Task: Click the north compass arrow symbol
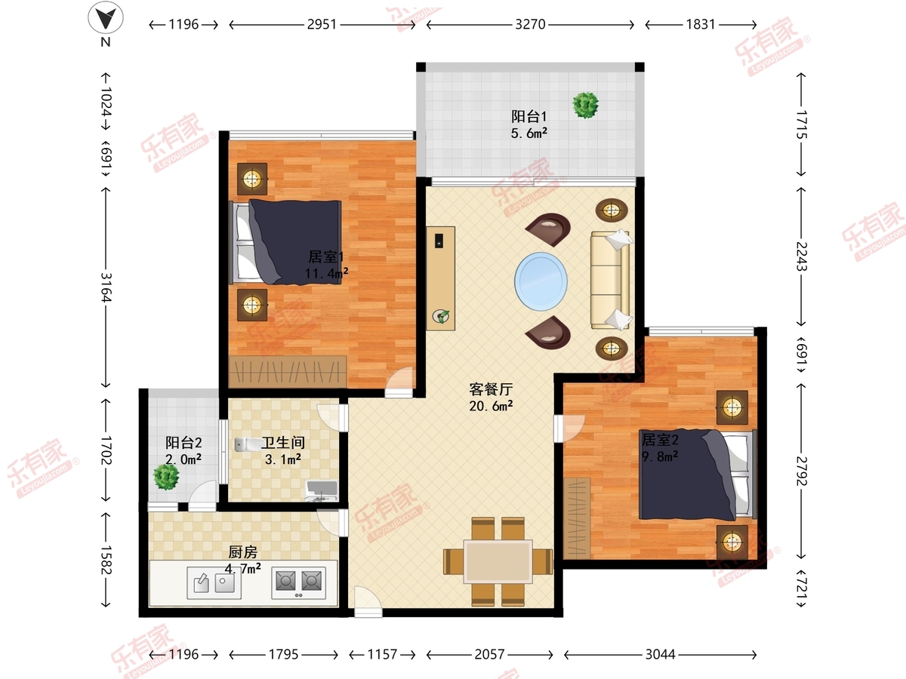coord(105,17)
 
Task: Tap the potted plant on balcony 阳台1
coord(585,105)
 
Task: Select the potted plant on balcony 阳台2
coord(166,477)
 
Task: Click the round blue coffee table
coord(541,281)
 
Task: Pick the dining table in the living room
coord(498,561)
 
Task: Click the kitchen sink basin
coord(214,582)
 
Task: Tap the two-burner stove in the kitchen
coord(298,582)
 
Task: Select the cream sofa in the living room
coord(611,281)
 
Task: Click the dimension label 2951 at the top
coord(322,25)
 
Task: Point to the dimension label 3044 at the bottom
coord(661,654)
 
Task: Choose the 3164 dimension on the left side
coord(106,287)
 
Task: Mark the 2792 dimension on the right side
coord(801,471)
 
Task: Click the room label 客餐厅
coord(492,389)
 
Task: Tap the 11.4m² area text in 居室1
coord(326,273)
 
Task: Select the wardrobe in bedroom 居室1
coord(288,372)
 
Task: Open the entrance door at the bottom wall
coord(368,602)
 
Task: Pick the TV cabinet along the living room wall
coord(441,278)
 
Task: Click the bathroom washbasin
coord(321,490)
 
